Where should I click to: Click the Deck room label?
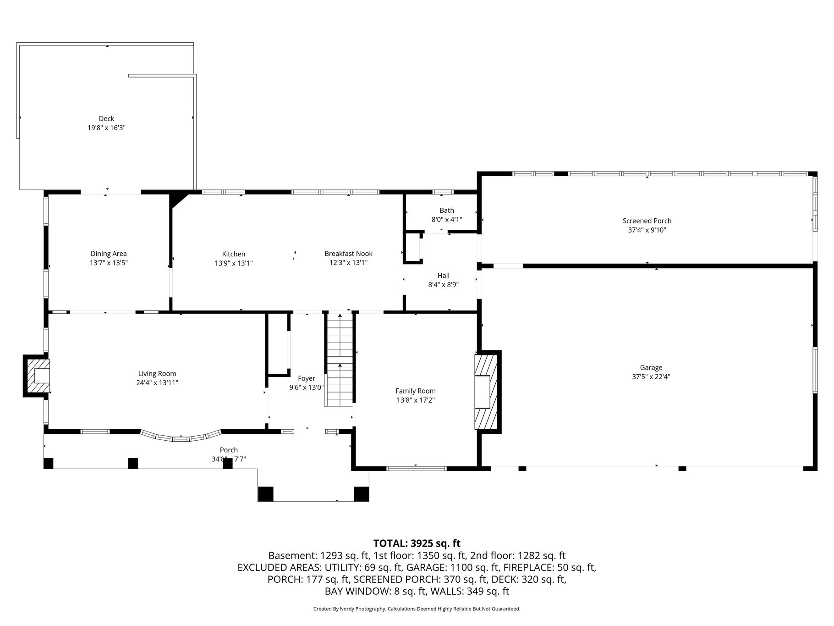(106, 119)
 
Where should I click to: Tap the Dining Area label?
(109, 254)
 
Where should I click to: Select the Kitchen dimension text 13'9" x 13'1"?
(234, 263)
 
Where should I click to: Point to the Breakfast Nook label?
(348, 254)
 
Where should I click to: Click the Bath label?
(447, 211)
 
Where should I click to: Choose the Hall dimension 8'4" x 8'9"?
(443, 285)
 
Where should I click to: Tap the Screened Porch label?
(647, 221)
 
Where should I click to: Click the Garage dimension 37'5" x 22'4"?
(651, 377)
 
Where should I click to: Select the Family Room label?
(416, 391)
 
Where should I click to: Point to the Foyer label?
(307, 379)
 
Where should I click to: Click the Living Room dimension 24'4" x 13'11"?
(157, 383)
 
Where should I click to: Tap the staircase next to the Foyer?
(340, 359)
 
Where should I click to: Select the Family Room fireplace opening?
(482, 392)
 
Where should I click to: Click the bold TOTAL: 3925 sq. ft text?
(417, 543)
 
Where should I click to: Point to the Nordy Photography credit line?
(417, 609)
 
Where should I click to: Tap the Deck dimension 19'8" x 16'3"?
(106, 128)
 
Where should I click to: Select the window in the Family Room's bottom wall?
(416, 469)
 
